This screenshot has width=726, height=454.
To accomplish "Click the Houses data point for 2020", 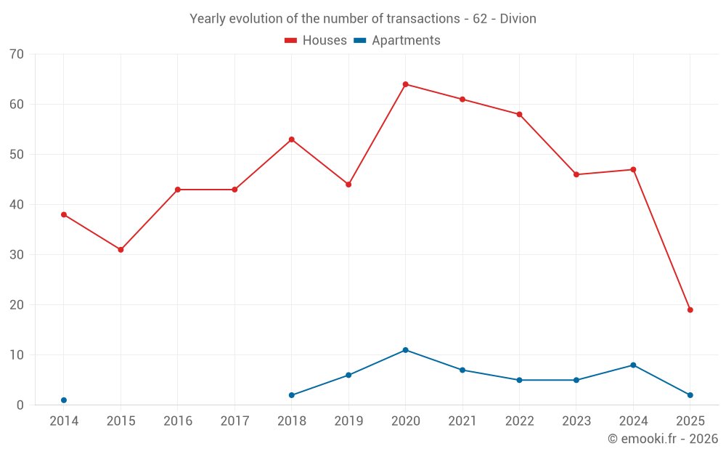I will pos(405,84).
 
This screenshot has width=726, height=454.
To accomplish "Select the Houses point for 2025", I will pos(690,310).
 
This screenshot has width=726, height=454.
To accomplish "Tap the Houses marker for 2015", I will pos(121,250).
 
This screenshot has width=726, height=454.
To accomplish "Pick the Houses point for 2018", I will pos(291,139).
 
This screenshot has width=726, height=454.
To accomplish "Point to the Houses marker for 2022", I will pos(519,115).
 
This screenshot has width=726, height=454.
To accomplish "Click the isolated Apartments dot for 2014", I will pos(64,400).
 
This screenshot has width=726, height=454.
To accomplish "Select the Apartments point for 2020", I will pos(405,350).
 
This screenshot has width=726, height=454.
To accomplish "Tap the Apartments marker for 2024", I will pos(633,365).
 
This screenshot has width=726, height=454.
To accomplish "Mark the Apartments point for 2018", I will pos(291,395).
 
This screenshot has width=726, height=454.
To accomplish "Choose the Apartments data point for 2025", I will pos(690,395).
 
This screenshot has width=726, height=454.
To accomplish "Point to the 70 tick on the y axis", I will pos(17,54).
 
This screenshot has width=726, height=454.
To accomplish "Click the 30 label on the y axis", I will pos(17,255).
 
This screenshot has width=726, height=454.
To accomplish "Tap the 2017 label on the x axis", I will pos(234,421).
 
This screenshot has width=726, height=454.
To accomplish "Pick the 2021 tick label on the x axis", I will pos(462,421).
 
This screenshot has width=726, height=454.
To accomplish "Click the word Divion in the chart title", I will pos(518,19).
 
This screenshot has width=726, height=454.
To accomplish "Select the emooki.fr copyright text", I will pos(662,439).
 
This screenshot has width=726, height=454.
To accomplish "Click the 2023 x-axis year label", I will pos(576,421).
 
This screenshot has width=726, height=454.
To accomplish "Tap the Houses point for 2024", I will pos(633,170).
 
